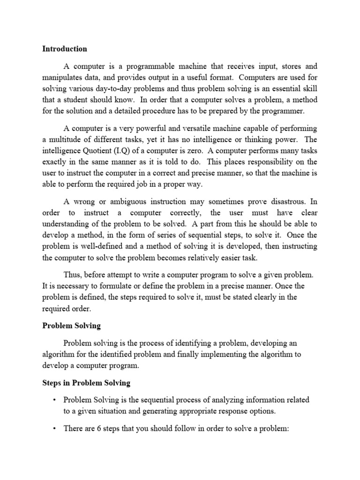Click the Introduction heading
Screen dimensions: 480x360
pyautogui.click(x=65, y=49)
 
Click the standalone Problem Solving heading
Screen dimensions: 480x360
pyautogui.click(x=71, y=325)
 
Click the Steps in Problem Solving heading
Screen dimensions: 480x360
pyautogui.click(x=86, y=383)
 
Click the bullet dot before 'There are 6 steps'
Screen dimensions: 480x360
pyautogui.click(x=54, y=428)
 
